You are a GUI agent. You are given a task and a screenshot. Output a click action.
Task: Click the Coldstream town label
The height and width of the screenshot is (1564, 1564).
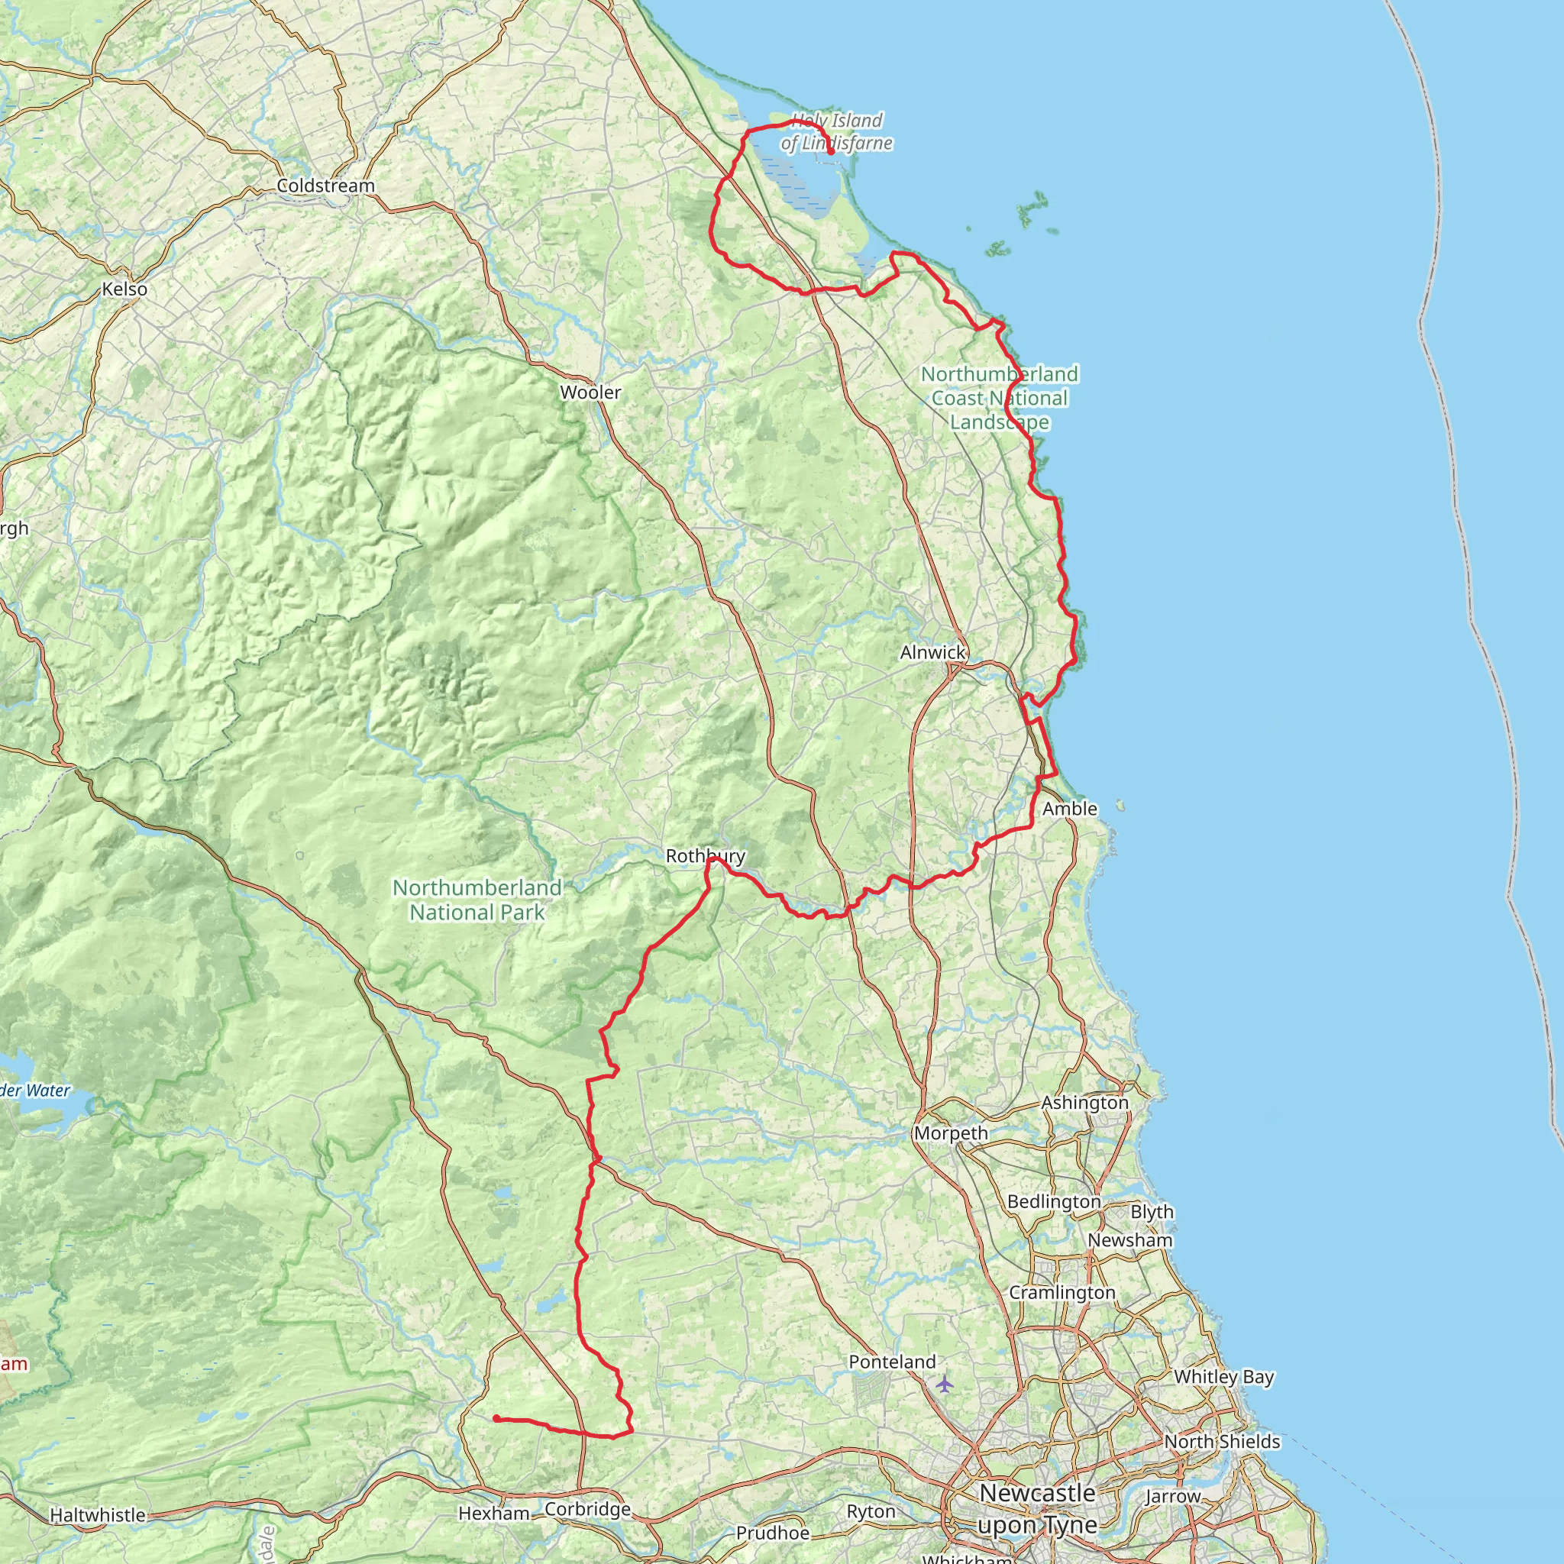[325, 186]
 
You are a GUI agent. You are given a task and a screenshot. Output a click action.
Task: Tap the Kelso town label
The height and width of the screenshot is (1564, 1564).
[124, 289]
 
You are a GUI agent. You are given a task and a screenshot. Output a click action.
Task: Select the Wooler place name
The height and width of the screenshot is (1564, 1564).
[590, 393]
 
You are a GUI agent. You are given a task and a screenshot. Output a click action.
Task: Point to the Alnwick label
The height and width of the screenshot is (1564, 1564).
[932, 651]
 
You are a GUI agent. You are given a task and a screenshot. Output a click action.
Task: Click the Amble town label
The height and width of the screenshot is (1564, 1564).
[1069, 808]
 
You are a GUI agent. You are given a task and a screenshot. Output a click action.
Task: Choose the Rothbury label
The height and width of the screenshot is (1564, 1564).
[705, 855]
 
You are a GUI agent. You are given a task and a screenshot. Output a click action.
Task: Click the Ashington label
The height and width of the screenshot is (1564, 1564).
[1084, 1103]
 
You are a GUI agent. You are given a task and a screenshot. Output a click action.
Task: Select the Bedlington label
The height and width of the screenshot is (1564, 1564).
[1053, 1201]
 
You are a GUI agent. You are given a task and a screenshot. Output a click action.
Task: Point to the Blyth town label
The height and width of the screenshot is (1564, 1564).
[1151, 1212]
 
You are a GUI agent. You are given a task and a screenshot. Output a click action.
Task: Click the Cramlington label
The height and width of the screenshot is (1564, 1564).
[1062, 1293]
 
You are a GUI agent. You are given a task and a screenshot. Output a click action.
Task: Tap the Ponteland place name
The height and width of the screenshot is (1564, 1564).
[891, 1362]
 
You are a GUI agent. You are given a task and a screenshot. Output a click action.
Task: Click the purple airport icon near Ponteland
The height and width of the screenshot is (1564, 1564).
[944, 1384]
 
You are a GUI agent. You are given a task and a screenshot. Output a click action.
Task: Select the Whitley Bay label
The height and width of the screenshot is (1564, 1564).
[1223, 1376]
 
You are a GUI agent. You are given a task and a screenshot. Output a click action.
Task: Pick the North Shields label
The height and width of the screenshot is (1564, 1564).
[1222, 1442]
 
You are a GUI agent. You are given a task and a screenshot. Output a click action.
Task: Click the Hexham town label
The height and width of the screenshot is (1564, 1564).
[494, 1513]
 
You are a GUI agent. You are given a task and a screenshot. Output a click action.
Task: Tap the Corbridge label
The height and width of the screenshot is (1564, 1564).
[587, 1509]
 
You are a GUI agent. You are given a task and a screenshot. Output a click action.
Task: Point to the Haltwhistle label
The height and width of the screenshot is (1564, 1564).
[98, 1514]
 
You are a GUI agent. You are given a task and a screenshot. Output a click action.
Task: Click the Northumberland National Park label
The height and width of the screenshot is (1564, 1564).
[477, 900]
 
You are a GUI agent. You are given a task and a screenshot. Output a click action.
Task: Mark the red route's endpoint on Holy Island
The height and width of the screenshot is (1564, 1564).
[832, 151]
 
